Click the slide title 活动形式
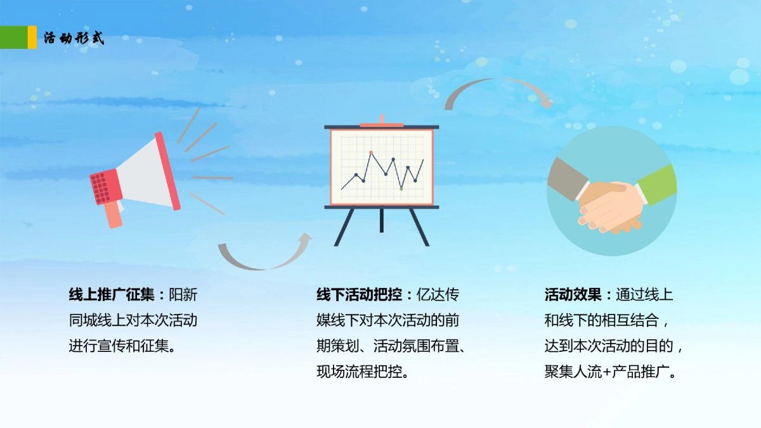pyautogui.click(x=74, y=38)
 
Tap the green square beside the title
pyautogui.click(x=13, y=37)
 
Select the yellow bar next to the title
pyautogui.click(x=32, y=37)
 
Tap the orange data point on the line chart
pyautogui.click(x=371, y=153)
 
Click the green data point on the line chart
pyautogui.click(x=401, y=188)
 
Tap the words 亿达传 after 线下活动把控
pyautogui.click(x=438, y=295)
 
